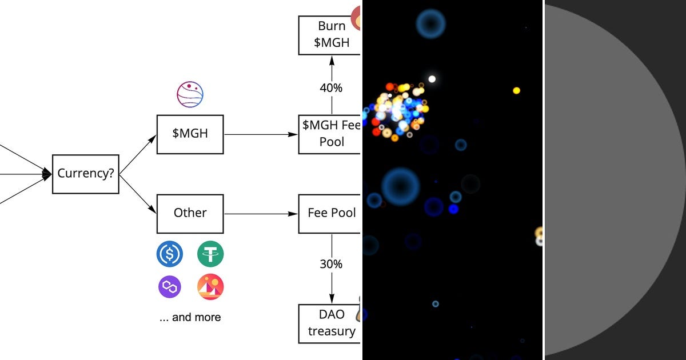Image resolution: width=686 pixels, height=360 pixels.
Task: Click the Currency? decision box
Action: pyautogui.click(x=86, y=174)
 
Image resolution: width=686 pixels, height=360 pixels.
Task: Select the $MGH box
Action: pyautogui.click(x=190, y=134)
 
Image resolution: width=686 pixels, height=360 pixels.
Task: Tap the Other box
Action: pyautogui.click(x=190, y=213)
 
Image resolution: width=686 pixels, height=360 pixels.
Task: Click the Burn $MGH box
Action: pyautogui.click(x=331, y=35)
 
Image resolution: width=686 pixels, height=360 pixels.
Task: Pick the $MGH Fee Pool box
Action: pyautogui.click(x=331, y=134)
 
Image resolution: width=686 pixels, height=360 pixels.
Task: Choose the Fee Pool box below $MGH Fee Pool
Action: pyautogui.click(x=331, y=213)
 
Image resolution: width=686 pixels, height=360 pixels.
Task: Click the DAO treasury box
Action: pyautogui.click(x=331, y=323)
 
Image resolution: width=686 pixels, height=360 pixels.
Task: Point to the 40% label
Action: pyautogui.click(x=331, y=88)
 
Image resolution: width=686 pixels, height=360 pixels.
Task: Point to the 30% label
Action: pyautogui.click(x=331, y=264)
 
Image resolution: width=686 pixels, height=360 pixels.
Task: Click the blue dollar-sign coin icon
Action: pyautogui.click(x=170, y=254)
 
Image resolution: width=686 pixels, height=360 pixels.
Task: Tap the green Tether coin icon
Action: pyautogui.click(x=210, y=254)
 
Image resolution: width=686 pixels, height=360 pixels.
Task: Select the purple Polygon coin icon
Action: pyautogui.click(x=170, y=286)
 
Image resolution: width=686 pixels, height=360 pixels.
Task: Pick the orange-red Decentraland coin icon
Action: pyautogui.click(x=210, y=287)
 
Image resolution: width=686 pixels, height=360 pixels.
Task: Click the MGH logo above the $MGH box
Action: pyautogui.click(x=190, y=95)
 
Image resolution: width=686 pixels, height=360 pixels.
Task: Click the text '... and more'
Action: pyautogui.click(x=190, y=317)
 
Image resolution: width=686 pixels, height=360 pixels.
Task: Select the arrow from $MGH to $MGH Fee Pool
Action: pyautogui.click(x=261, y=134)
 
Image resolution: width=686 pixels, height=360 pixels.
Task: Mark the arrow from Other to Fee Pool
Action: pyautogui.click(x=261, y=214)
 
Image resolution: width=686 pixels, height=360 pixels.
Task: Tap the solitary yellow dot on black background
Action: pyautogui.click(x=516, y=90)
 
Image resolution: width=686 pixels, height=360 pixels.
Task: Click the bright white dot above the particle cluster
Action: pyautogui.click(x=432, y=79)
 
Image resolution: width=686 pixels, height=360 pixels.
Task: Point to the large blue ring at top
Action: pyautogui.click(x=430, y=23)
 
